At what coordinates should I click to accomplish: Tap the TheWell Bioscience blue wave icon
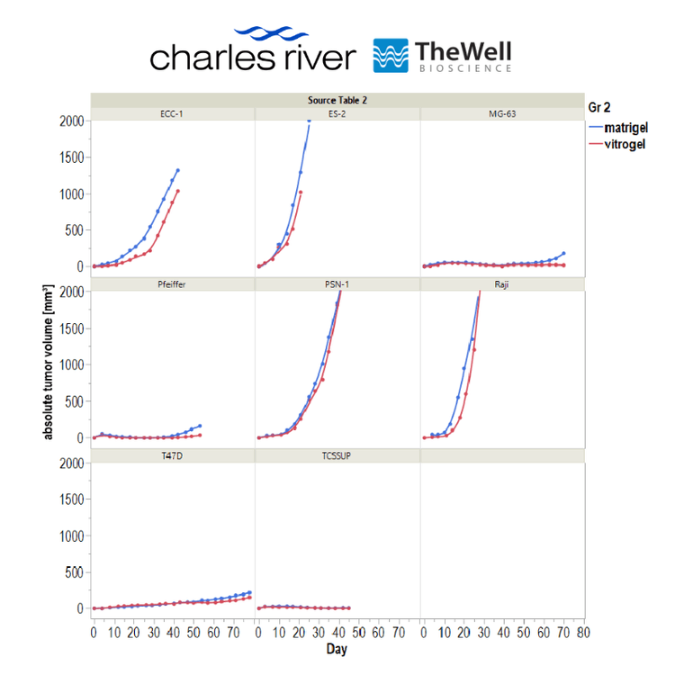coord(391,56)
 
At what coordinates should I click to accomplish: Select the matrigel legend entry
coord(618,128)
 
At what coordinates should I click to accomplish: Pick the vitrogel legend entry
coord(617,144)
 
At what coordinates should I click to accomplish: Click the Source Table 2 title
coord(337,100)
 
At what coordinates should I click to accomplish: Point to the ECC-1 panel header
coord(171,114)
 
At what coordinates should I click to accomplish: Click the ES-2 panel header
coord(337,114)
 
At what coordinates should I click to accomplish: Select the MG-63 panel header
coord(502,114)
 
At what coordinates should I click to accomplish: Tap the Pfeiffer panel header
coord(171,284)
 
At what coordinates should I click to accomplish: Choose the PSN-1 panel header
coord(337,284)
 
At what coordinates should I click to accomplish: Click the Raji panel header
coord(501,284)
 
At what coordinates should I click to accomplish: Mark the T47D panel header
coord(172,455)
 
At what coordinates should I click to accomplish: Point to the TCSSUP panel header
coord(337,455)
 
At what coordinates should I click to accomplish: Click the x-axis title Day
coord(337,649)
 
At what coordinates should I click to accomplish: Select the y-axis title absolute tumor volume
coord(48,362)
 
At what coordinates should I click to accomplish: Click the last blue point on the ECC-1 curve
coord(178,170)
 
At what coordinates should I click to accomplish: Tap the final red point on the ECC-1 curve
coord(178,191)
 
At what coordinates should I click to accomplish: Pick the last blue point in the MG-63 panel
coord(563,254)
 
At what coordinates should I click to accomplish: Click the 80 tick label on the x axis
coord(584,633)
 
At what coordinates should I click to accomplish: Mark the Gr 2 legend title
coord(599,107)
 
